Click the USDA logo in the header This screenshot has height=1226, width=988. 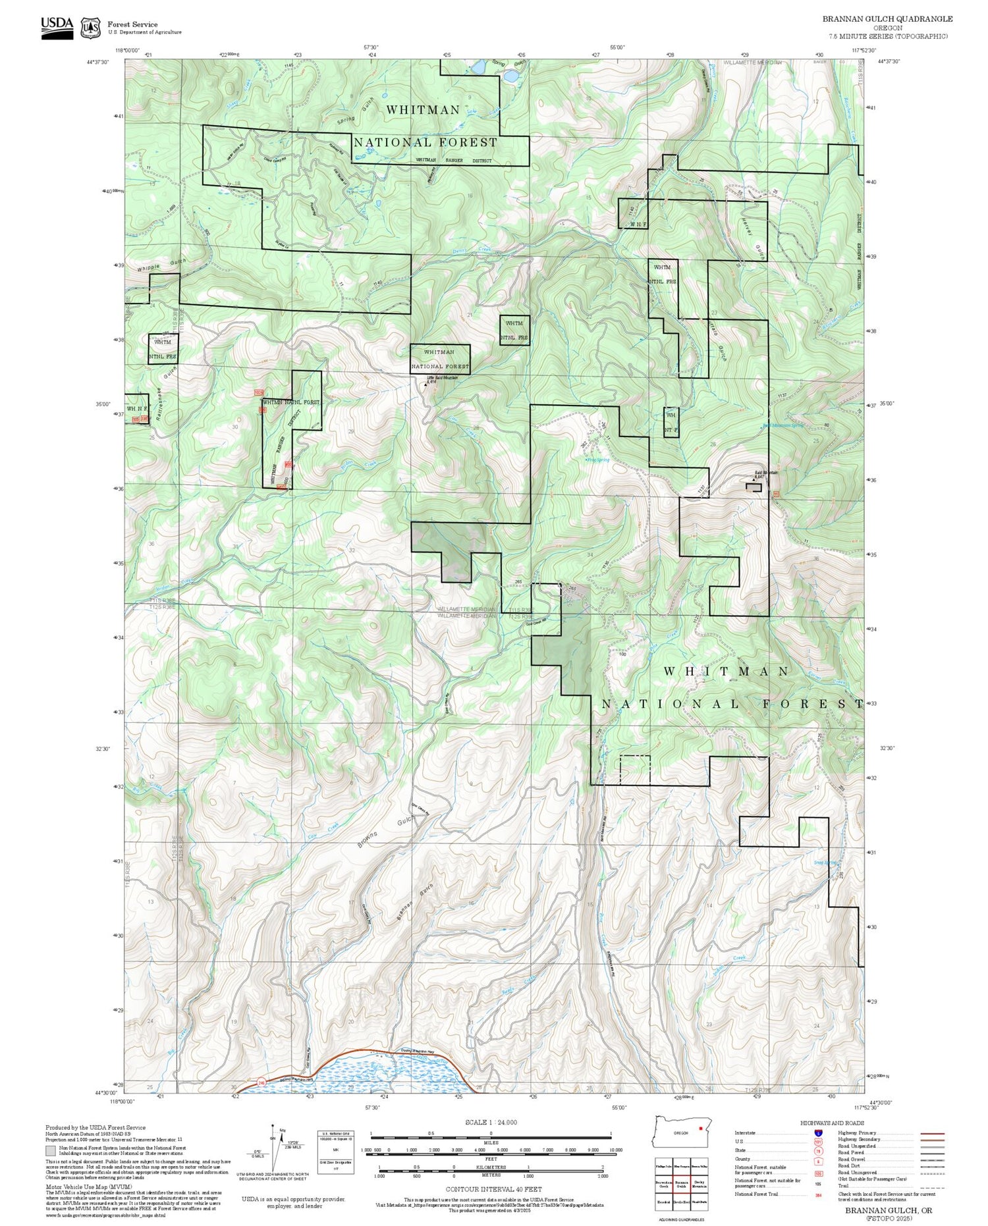[57, 28]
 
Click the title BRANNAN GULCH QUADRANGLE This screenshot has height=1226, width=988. [887, 19]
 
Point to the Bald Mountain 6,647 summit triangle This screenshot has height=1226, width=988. [754, 480]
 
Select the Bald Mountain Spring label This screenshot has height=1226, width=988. [782, 425]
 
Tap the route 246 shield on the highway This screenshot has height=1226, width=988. [261, 1082]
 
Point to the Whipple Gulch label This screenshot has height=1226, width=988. [162, 265]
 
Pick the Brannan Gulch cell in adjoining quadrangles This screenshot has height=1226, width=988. [682, 1183]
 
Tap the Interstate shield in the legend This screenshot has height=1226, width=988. [818, 1133]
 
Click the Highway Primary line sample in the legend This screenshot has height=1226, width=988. [928, 1133]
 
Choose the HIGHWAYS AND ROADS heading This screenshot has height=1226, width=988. [832, 1123]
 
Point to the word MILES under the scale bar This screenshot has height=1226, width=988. [491, 1142]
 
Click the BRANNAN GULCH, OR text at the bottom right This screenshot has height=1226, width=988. [889, 1210]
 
